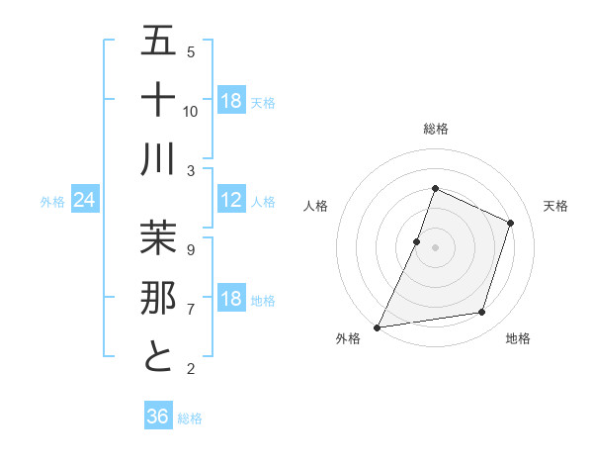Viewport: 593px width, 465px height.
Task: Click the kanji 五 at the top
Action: (x=158, y=41)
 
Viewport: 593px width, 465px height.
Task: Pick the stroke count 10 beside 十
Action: (x=191, y=111)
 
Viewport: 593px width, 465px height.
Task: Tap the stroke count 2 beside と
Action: (x=191, y=369)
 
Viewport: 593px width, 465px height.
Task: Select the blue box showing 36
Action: (x=158, y=417)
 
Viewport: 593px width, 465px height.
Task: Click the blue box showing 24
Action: (x=84, y=201)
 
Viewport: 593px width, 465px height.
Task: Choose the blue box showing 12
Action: (x=231, y=201)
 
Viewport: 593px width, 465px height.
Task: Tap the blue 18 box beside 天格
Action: (x=231, y=101)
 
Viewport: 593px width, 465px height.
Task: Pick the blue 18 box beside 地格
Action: (x=231, y=300)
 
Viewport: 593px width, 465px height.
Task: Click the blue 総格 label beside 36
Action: (x=190, y=418)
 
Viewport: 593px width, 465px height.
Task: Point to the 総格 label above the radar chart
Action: (x=435, y=129)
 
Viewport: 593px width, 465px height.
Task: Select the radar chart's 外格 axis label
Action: (x=348, y=338)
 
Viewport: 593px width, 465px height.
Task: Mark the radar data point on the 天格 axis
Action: (x=511, y=223)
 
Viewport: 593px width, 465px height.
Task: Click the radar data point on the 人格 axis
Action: (x=417, y=241)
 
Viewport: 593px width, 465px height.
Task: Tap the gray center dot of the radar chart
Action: (x=435, y=247)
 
